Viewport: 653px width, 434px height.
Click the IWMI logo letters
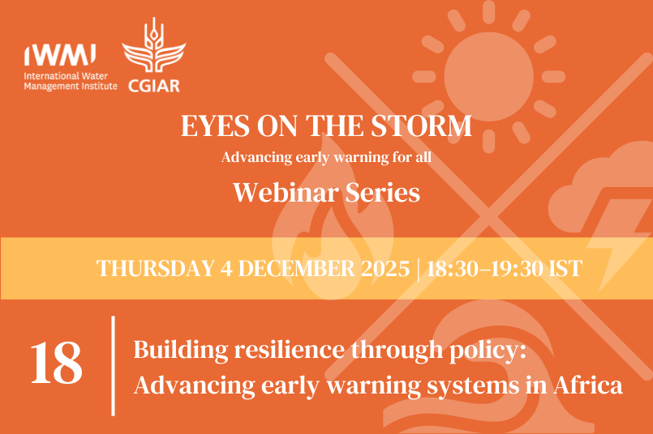click(61, 53)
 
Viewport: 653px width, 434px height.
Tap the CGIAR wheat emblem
click(148, 51)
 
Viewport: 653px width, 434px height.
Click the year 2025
click(386, 269)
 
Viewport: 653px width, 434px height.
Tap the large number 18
click(56, 364)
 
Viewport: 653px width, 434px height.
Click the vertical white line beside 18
click(113, 365)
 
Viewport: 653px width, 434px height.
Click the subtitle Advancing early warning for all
click(326, 157)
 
